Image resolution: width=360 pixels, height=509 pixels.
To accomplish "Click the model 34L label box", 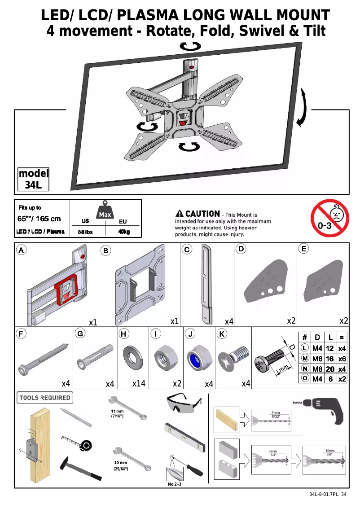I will tap(34, 180).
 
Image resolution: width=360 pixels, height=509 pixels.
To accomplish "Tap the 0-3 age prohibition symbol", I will tap(329, 220).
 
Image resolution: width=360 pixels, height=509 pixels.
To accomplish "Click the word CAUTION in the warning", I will tap(202, 214).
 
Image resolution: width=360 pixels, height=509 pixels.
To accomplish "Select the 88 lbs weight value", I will tap(85, 232).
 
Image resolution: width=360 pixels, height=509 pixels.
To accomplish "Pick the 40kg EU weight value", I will tap(124, 232).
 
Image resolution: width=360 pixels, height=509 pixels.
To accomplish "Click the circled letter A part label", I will tap(21, 249).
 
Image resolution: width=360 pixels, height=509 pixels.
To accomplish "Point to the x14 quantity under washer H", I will tap(139, 384).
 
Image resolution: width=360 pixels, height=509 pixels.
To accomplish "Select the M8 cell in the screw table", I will tap(317, 369).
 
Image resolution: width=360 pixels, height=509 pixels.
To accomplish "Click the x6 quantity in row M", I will tap(342, 359).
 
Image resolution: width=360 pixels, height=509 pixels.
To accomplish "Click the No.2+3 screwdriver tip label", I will tap(174, 485).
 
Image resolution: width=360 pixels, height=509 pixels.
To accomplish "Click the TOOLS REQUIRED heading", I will tap(45, 398).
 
